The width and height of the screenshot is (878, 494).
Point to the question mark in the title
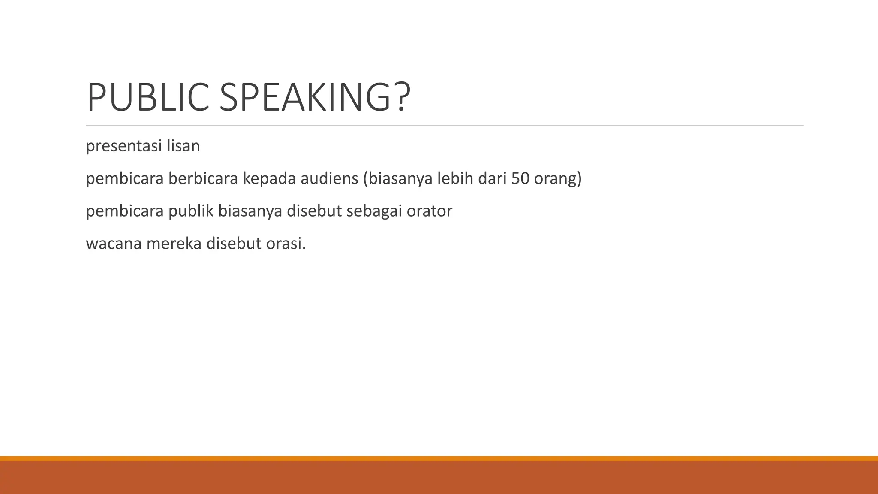pos(401,98)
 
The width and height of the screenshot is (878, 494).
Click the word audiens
pos(329,178)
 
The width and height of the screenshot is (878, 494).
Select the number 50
pos(520,178)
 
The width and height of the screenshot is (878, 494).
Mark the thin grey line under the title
pos(445,125)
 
